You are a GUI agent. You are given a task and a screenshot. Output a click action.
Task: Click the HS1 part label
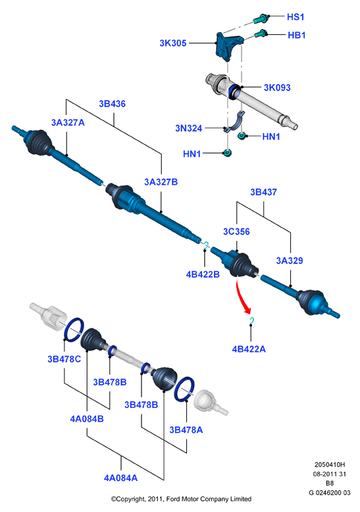click(x=296, y=16)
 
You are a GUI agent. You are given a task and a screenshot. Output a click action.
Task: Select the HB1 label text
click(x=296, y=35)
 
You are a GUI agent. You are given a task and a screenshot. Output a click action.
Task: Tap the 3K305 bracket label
click(x=173, y=43)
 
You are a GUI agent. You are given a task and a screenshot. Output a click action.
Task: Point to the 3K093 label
click(x=277, y=88)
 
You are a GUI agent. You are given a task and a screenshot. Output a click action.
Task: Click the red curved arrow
click(x=242, y=297)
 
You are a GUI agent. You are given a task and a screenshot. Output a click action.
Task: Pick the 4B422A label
click(x=249, y=349)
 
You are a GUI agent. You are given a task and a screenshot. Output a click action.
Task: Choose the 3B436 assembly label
click(x=112, y=104)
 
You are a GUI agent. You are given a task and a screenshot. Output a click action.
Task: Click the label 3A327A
click(x=68, y=122)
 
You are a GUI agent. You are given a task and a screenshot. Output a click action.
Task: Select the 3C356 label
click(x=236, y=232)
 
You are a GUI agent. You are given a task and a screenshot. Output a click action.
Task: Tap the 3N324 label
click(x=189, y=128)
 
